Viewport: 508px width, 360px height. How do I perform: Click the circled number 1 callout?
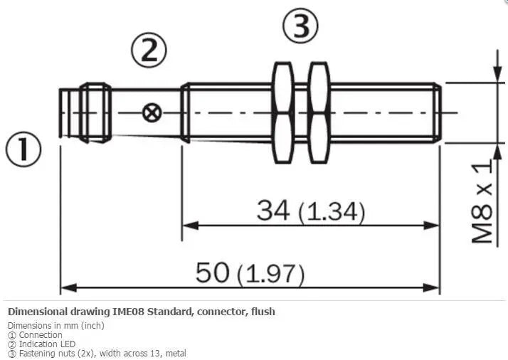point(23,149)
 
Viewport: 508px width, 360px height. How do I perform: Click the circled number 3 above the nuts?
point(301,26)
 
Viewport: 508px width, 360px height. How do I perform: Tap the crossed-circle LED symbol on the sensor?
point(152,112)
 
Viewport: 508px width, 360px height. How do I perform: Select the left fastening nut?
point(282,112)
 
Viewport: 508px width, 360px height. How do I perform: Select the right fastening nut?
point(319,112)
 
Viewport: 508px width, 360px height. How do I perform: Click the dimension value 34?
point(273,211)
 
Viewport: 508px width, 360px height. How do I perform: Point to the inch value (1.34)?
point(332,212)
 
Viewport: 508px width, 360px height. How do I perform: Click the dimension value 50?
point(213,272)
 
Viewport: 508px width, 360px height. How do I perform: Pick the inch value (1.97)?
point(271,275)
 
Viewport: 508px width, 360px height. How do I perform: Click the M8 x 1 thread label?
point(482,201)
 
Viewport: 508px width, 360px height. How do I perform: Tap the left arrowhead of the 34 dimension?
point(191,226)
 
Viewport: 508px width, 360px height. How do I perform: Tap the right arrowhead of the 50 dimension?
point(432,287)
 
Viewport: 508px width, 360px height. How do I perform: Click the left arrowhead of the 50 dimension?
point(69,287)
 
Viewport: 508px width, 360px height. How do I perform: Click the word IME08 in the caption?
point(128,312)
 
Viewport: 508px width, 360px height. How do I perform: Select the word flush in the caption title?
point(263,312)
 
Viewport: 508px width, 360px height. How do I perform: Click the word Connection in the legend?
point(41,334)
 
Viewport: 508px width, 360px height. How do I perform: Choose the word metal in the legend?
point(176,353)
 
